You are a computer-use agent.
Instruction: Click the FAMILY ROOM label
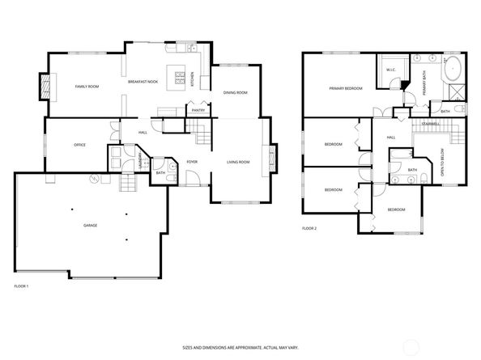tap(87, 86)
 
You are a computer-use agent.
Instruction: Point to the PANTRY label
tap(198, 110)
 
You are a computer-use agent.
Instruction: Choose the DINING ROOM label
tap(235, 93)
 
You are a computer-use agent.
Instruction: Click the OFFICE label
tap(79, 145)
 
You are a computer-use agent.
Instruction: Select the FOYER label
tap(192, 162)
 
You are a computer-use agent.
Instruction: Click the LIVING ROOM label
tap(237, 162)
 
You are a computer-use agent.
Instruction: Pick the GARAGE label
tap(90, 225)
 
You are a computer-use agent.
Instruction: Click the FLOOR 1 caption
tap(22, 286)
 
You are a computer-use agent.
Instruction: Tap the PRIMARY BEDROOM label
tap(344, 88)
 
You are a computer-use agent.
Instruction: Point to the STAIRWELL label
tap(431, 124)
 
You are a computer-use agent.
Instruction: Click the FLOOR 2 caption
tap(309, 229)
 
